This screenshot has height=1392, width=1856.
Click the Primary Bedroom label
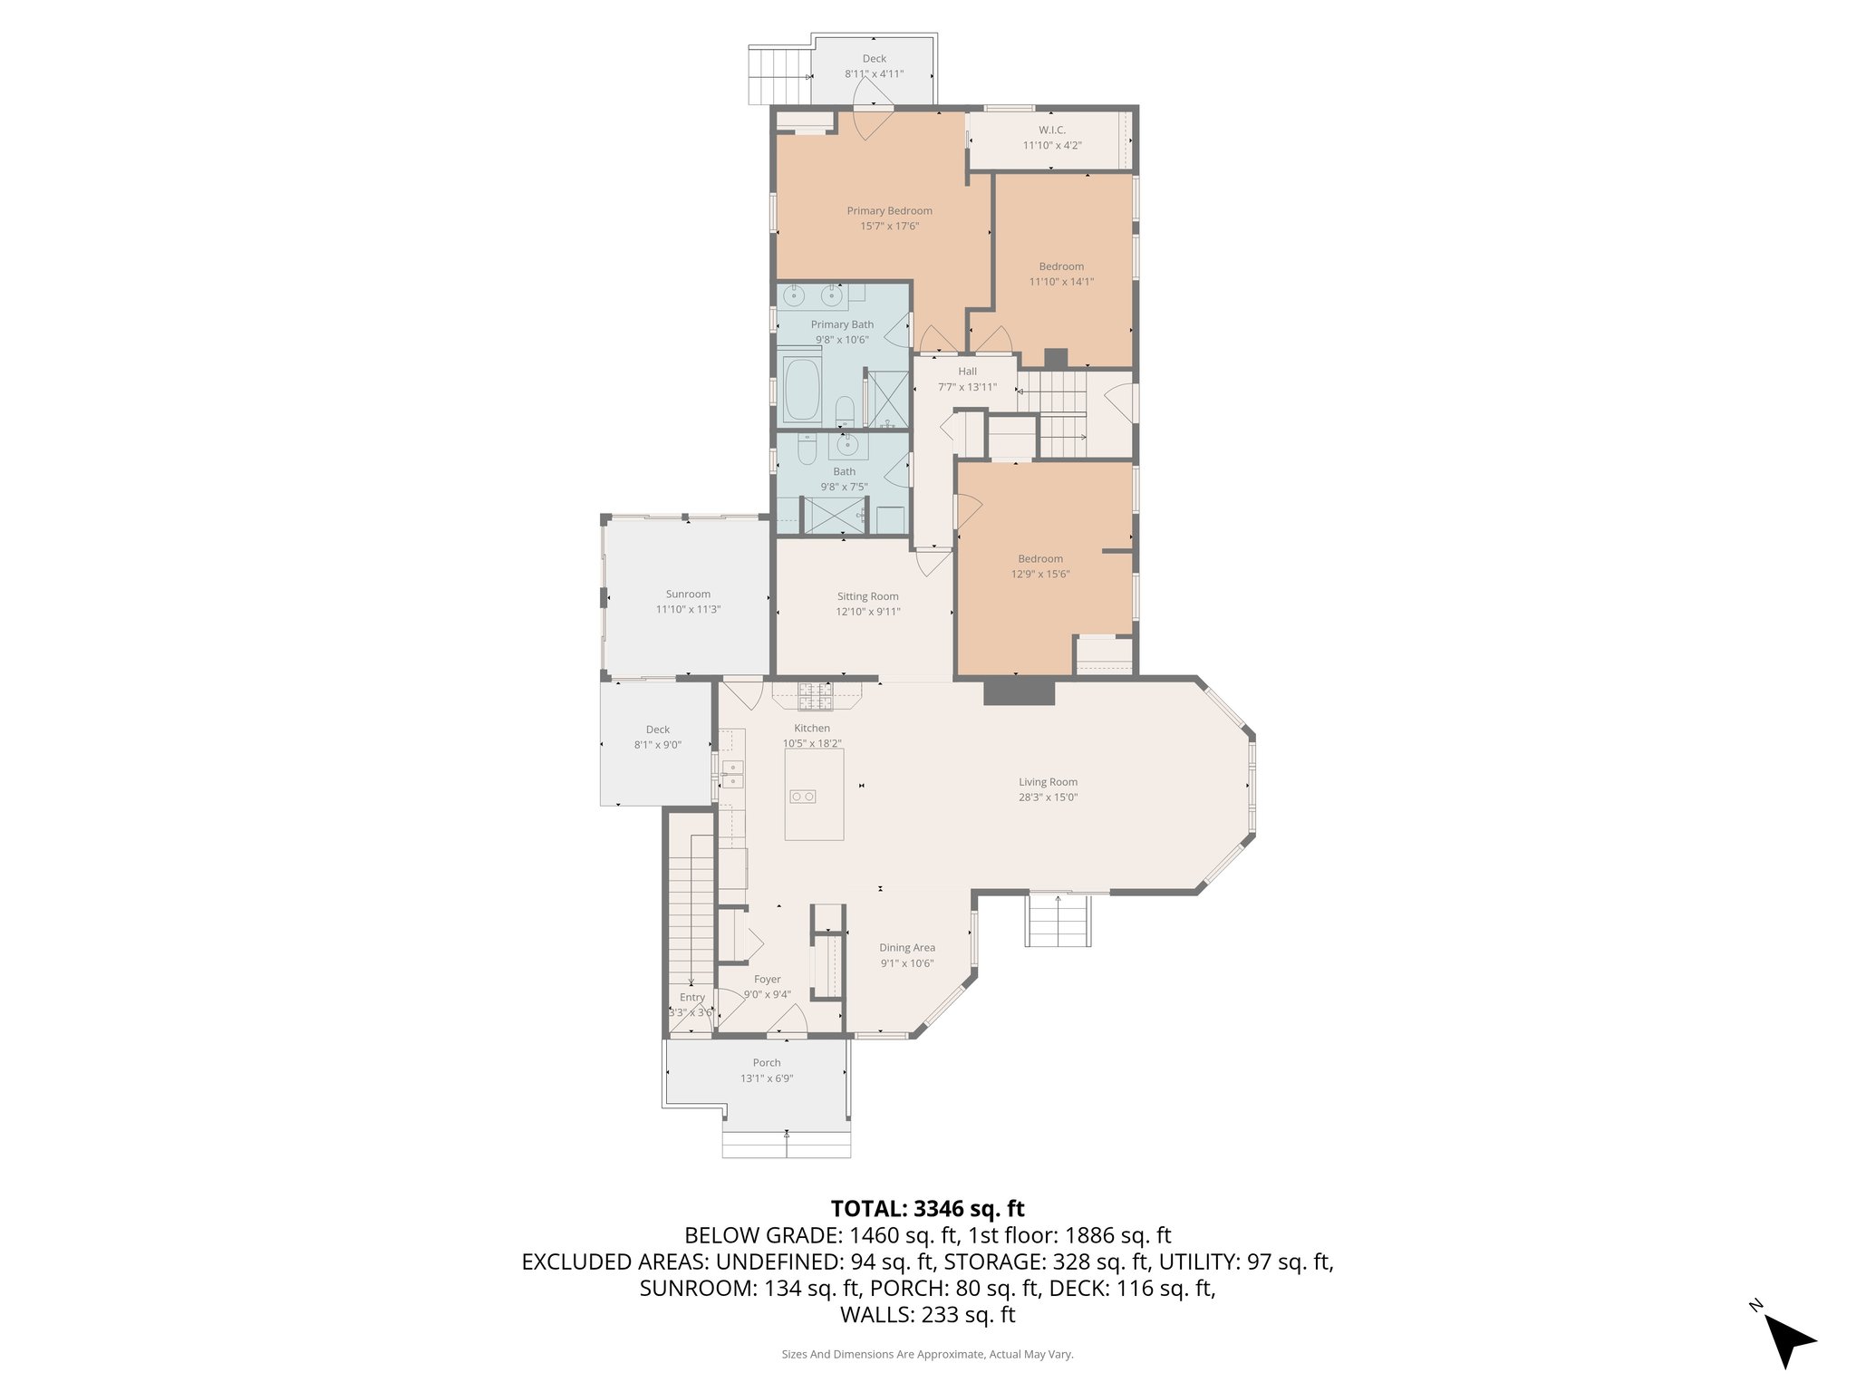tap(889, 211)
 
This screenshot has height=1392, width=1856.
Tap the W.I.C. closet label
tap(1051, 130)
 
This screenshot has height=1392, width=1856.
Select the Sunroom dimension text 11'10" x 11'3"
tap(688, 610)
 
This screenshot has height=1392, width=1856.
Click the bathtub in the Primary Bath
tap(801, 391)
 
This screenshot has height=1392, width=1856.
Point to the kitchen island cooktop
tap(803, 797)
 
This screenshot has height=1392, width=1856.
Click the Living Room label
tap(1048, 782)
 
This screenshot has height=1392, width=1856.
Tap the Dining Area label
tap(906, 948)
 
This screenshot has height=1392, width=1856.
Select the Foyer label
tap(767, 979)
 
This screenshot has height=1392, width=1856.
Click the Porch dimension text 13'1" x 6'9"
tap(767, 1078)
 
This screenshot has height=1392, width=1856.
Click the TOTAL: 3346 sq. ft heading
tap(927, 1208)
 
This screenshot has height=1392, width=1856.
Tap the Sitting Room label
tap(867, 596)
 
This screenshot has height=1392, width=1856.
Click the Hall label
tap(967, 372)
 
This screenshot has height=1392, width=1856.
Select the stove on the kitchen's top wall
tap(815, 696)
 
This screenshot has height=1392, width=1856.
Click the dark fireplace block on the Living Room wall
tap(1020, 691)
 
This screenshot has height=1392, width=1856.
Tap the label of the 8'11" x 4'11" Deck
tap(874, 59)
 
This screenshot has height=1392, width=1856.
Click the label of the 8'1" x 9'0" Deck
tap(657, 730)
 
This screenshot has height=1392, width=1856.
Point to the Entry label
tap(692, 997)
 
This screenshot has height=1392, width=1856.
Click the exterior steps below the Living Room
tap(1058, 922)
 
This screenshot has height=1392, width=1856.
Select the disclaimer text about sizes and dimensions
tap(927, 1354)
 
